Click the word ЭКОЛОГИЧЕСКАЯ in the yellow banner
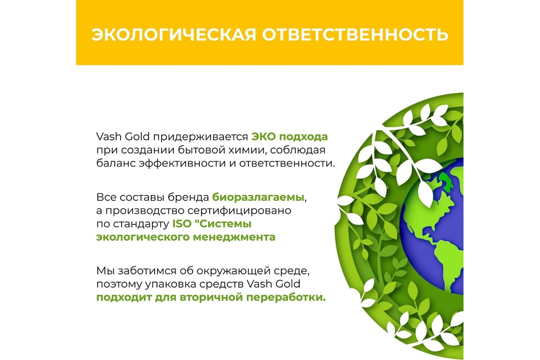coord(174,35)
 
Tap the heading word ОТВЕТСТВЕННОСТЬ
coord(355,35)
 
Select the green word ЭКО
coord(264,137)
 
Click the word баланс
coord(116,163)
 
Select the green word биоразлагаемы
coord(258,198)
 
